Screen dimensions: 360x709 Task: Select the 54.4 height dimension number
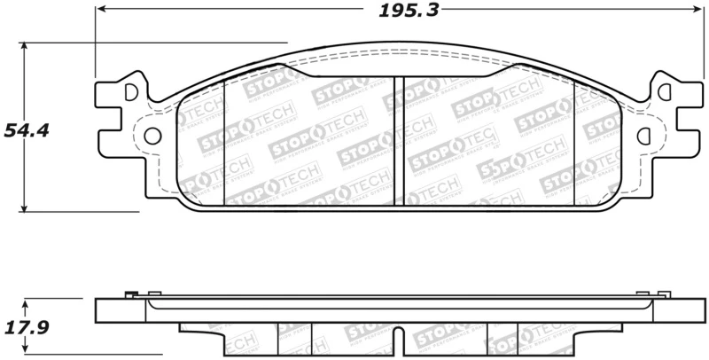tap(26, 131)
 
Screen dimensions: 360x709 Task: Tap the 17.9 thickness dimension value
tap(26, 327)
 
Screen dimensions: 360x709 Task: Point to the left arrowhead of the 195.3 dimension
tap(100, 10)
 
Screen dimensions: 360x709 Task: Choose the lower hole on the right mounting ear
tap(644, 136)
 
